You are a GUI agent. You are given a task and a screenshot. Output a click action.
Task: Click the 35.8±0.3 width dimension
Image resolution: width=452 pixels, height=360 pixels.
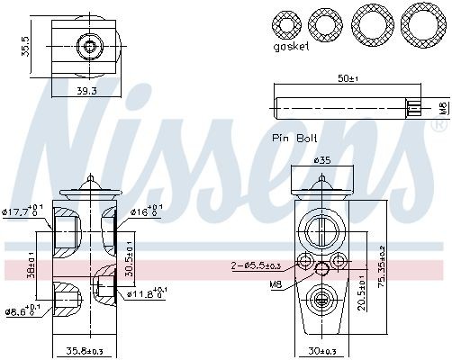pyautogui.click(x=84, y=351)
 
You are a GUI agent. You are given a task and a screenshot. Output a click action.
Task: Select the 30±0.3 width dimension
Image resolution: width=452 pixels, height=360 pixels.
pyautogui.click(x=321, y=351)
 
